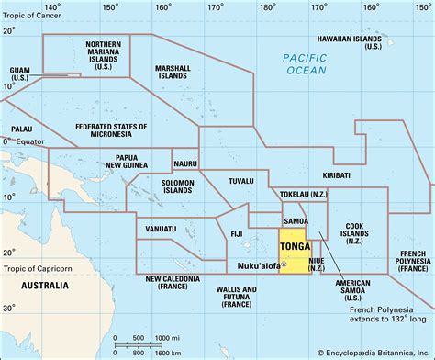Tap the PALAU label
pyautogui.click(x=20, y=129)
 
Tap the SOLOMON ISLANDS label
pyautogui.click(x=172, y=188)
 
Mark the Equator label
pyautogui.click(x=30, y=141)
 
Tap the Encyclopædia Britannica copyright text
pyautogui.click(x=375, y=352)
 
